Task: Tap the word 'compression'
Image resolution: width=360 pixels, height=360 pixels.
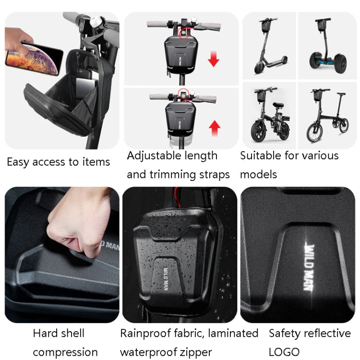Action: (65, 352)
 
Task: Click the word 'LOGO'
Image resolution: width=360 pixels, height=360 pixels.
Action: (284, 352)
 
